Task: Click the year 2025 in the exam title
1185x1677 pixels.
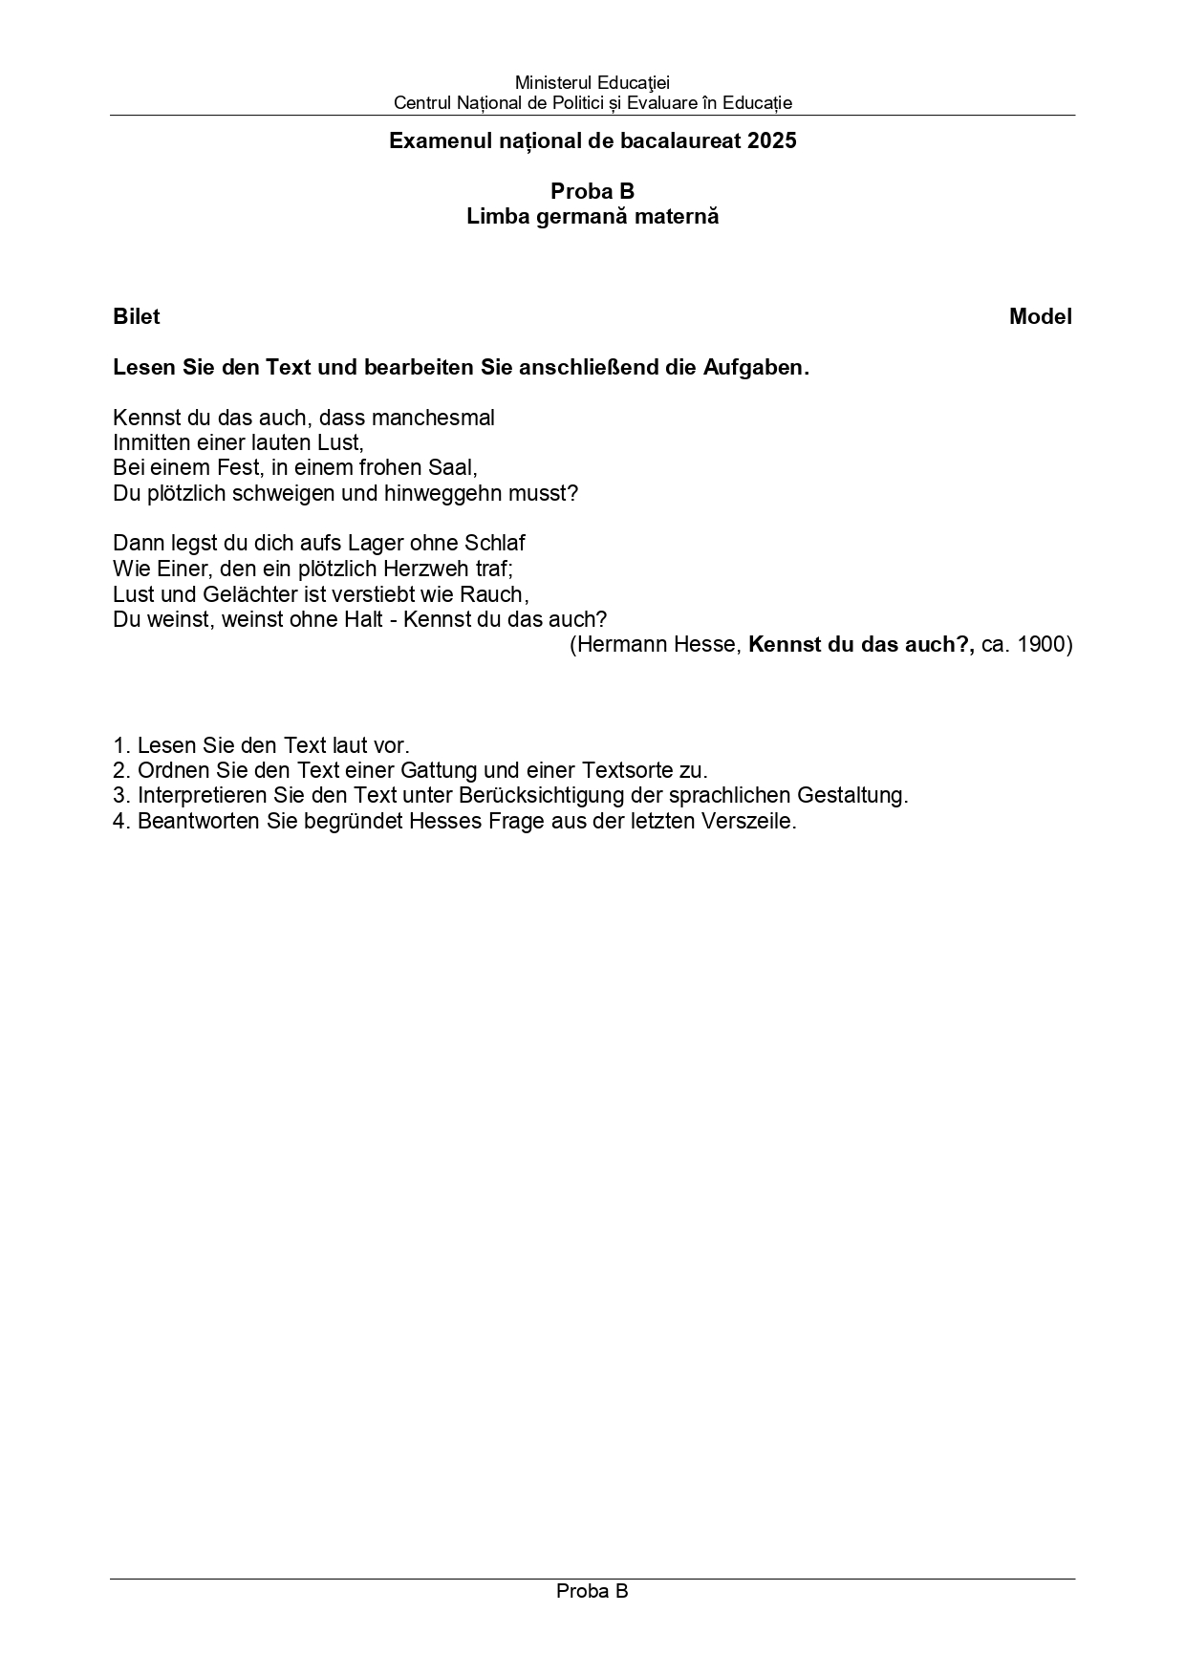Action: click(x=772, y=141)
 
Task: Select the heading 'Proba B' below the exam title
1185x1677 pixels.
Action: click(x=592, y=191)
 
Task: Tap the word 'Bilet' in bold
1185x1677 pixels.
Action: click(x=137, y=317)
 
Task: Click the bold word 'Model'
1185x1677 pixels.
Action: click(x=1040, y=317)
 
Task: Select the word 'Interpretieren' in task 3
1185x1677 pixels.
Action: click(x=198, y=795)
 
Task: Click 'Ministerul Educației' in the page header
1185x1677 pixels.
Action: click(x=592, y=83)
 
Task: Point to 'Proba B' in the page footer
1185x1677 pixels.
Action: click(x=592, y=1591)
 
